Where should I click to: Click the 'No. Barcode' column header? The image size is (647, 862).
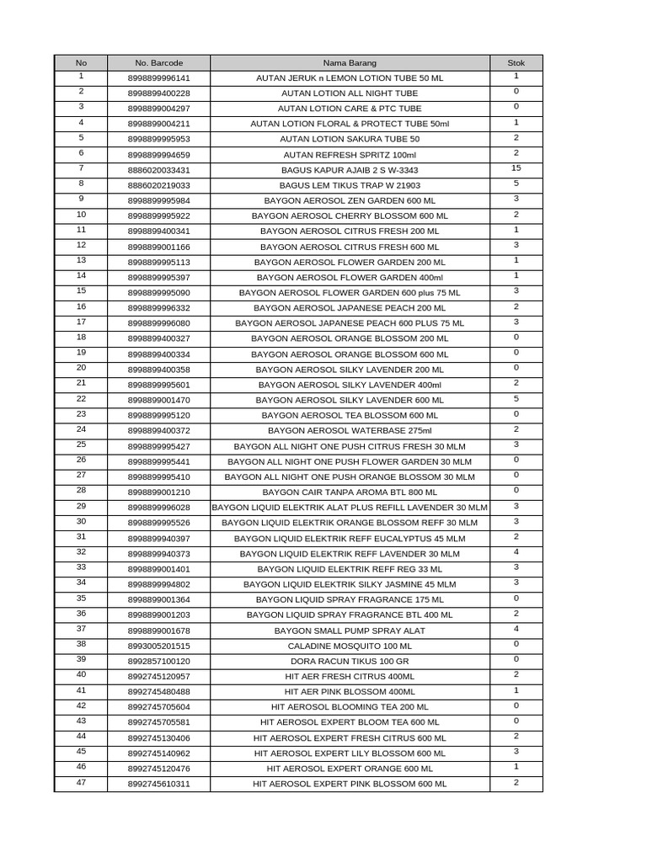(x=159, y=63)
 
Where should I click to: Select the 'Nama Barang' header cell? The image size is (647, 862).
(x=350, y=63)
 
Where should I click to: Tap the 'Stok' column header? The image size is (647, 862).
(x=516, y=63)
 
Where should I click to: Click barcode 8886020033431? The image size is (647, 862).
(x=159, y=170)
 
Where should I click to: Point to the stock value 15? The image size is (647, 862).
(x=516, y=168)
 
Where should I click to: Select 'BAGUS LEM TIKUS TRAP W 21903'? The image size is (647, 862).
(x=350, y=185)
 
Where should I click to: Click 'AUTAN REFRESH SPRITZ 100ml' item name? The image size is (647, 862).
(x=350, y=155)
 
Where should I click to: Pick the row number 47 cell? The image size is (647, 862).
(x=81, y=783)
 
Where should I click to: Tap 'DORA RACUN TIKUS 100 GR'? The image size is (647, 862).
(x=350, y=661)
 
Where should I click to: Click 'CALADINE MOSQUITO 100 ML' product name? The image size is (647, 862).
(x=350, y=646)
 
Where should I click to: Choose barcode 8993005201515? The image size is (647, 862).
(x=159, y=646)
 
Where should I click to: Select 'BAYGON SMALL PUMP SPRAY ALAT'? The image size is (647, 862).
(x=350, y=631)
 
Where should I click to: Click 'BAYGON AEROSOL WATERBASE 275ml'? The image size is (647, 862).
(x=350, y=431)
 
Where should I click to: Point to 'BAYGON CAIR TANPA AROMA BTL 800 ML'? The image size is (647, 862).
(x=350, y=492)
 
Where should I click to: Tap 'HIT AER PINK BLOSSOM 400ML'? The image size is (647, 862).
(x=350, y=691)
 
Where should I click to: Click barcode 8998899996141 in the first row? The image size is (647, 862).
(x=159, y=78)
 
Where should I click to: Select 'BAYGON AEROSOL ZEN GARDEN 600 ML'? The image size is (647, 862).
(x=350, y=201)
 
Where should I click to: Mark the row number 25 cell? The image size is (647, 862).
(x=81, y=444)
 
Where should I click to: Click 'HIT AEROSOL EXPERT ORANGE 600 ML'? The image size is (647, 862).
(x=350, y=769)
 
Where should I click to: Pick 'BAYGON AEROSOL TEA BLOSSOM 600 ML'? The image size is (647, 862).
(x=350, y=416)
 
